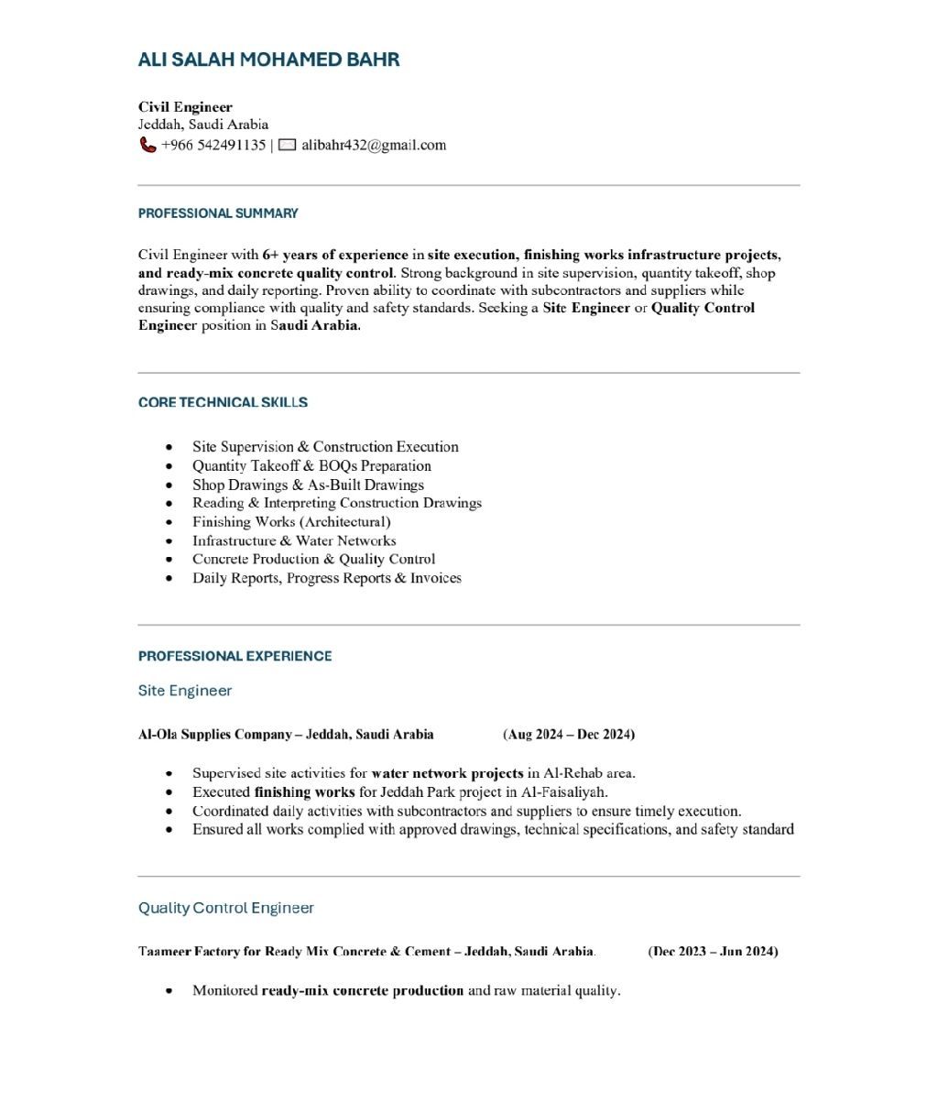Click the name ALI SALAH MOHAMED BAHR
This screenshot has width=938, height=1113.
click(x=268, y=60)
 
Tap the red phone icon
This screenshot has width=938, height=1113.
click(x=147, y=145)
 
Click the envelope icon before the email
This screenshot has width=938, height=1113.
click(x=287, y=145)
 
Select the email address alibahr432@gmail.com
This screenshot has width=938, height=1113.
click(x=374, y=145)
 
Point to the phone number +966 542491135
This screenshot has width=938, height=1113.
click(x=213, y=145)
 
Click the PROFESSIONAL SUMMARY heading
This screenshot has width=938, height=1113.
click(x=218, y=213)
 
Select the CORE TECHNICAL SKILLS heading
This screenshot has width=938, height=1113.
click(x=223, y=402)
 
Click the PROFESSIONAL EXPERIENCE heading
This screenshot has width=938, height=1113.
click(x=234, y=656)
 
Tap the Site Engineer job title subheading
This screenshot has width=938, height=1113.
click(x=185, y=691)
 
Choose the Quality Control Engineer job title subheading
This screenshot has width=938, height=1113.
click(x=226, y=908)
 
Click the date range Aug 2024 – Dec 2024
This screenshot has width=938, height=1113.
click(x=569, y=735)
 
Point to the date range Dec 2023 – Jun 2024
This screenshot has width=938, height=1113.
click(x=713, y=952)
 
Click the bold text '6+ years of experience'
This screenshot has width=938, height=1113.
click(x=335, y=255)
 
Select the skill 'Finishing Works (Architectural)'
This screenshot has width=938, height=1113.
click(x=291, y=522)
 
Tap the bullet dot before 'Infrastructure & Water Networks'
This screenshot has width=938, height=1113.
click(x=169, y=541)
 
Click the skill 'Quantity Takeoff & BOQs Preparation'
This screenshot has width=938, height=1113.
click(x=311, y=465)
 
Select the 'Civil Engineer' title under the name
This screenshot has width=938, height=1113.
click(x=185, y=107)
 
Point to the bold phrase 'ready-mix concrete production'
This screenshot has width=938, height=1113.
click(x=363, y=990)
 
